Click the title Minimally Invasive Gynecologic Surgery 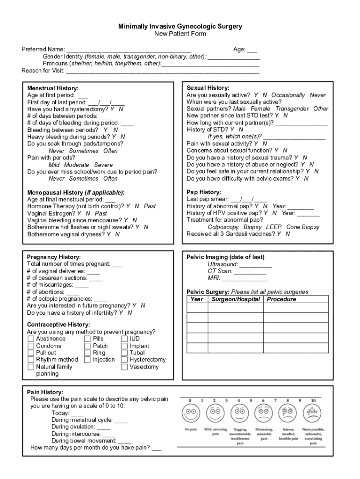coord(180,27)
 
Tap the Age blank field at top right coord(252,50)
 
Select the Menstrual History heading coord(53,88)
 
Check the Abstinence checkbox coord(31,339)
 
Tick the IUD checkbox coord(124,339)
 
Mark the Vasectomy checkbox coord(124,367)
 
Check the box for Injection coord(87,360)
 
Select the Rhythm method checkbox coord(31,360)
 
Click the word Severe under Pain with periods coord(103,165)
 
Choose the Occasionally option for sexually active coord(288,95)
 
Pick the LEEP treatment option coord(274,227)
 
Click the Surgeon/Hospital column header coord(236,299)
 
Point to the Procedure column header coord(281,299)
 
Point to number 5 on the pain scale coord(251,400)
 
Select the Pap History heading coord(204,192)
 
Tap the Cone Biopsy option coord(303,227)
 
